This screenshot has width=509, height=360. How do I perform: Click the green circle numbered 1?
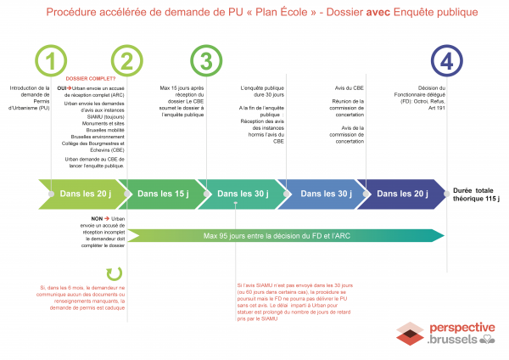click(52, 60)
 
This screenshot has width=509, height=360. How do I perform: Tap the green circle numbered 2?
click(126, 60)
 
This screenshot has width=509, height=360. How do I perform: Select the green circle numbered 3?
click(205, 60)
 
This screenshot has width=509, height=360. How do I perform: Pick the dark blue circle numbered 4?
click(447, 60)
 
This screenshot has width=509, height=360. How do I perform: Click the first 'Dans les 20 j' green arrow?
click(85, 194)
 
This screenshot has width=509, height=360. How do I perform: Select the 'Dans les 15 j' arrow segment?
click(164, 194)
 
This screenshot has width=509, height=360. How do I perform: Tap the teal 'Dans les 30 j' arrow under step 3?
click(241, 194)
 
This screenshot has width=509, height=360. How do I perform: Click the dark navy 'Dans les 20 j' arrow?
click(403, 194)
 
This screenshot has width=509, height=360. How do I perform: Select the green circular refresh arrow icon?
click(113, 274)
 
